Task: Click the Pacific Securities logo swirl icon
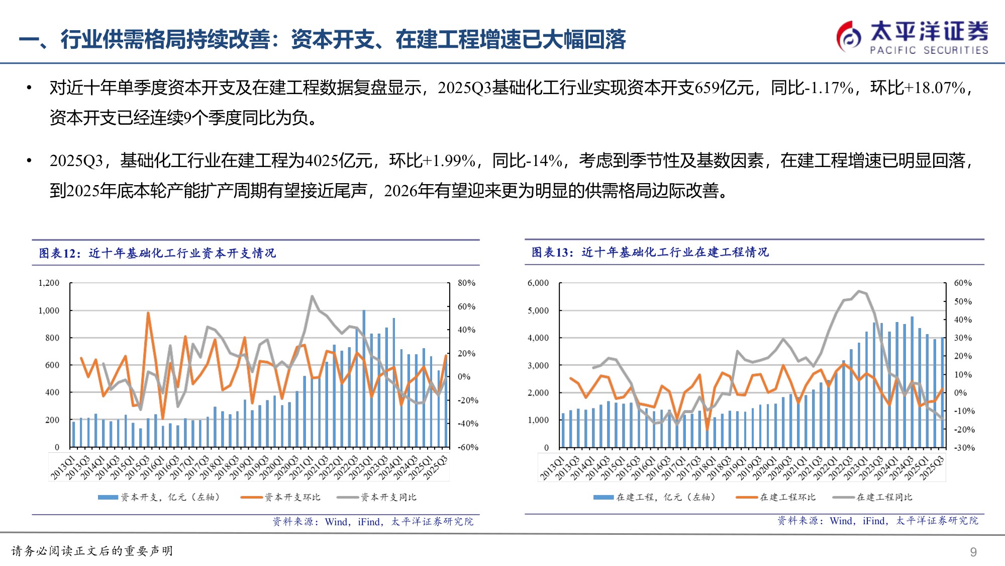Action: [849, 36]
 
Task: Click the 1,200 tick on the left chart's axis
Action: [49, 283]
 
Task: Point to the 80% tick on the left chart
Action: [466, 283]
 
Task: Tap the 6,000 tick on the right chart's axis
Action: [538, 283]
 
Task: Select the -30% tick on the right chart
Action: [964, 448]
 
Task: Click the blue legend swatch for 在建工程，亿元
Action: [603, 497]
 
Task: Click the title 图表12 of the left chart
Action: [157, 253]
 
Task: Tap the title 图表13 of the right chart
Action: [650, 252]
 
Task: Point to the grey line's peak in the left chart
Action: [312, 296]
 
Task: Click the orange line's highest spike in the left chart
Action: [148, 313]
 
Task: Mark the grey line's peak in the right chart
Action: [859, 291]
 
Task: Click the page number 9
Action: [973, 552]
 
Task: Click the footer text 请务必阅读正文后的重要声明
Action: [92, 551]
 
